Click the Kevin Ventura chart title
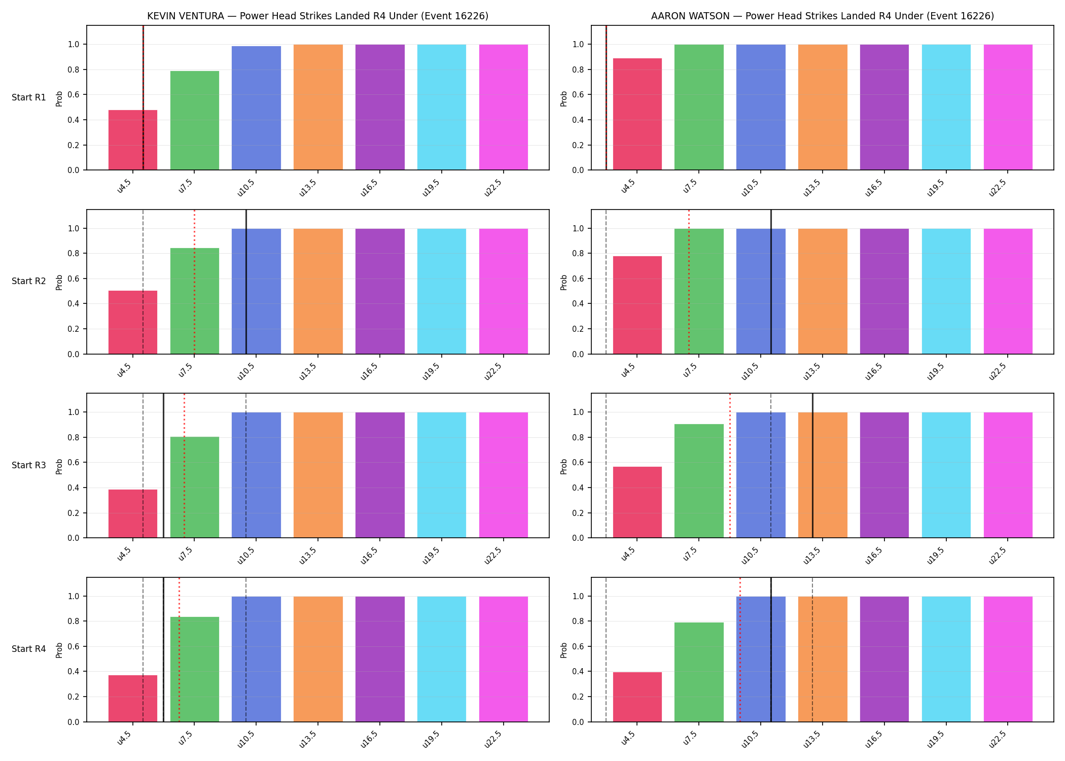317,16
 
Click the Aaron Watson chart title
823,16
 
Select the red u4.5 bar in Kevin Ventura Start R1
133,140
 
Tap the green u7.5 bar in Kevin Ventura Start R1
195,120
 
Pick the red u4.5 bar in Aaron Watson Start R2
637,305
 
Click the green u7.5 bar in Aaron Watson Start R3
699,481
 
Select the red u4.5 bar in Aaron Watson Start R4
637,697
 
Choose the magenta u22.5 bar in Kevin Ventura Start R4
504,659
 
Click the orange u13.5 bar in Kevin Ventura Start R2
318,291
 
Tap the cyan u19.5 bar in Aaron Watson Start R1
946,107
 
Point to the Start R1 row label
29,97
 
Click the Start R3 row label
29,465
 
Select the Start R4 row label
29,649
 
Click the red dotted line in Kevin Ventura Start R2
194,282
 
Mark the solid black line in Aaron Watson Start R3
812,466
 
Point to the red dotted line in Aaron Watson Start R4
740,649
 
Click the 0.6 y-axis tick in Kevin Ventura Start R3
74,463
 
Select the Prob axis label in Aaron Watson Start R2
563,282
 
